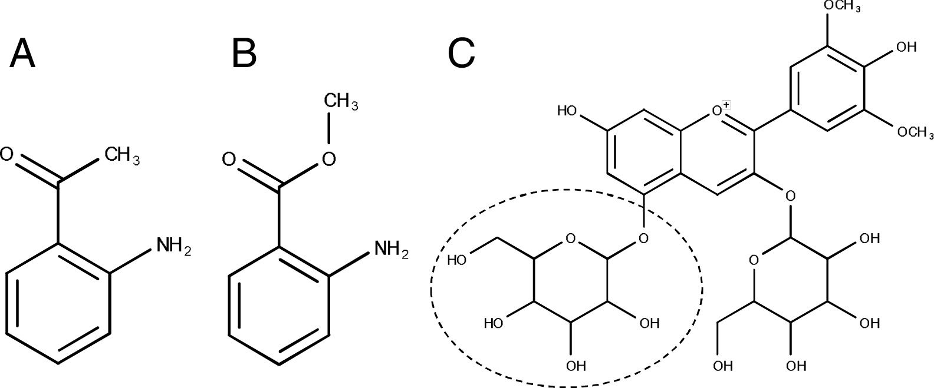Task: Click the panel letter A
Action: click(x=22, y=54)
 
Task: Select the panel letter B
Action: click(x=244, y=54)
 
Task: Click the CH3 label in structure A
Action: click(x=122, y=156)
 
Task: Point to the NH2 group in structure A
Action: click(x=173, y=246)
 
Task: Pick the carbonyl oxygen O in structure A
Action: click(x=6, y=155)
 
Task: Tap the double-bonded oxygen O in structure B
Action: click(x=229, y=160)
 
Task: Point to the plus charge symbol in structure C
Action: click(x=726, y=105)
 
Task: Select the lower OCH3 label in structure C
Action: click(x=915, y=131)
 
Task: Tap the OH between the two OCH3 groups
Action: click(x=906, y=47)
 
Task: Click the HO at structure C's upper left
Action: click(x=567, y=111)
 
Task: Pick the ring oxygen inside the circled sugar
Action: click(x=570, y=239)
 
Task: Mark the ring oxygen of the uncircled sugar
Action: click(x=753, y=260)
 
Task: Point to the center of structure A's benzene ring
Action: click(x=58, y=301)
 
